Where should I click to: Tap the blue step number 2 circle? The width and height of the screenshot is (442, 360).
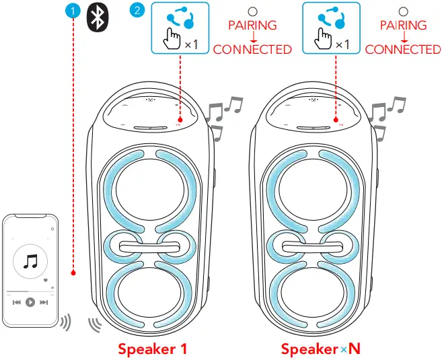click(138, 11)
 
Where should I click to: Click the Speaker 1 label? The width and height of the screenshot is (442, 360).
click(152, 349)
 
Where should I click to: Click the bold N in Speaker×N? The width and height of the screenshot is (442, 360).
click(354, 349)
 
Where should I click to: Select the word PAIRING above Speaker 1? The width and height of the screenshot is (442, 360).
click(252, 26)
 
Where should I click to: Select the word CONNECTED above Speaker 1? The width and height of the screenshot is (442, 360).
click(252, 49)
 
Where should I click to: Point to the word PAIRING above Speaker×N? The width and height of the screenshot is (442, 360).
click(403, 26)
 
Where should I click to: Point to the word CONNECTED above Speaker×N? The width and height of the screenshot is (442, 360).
click(403, 49)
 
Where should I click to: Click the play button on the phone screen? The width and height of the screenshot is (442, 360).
click(30, 303)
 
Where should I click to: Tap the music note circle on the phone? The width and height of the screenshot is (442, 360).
click(30, 260)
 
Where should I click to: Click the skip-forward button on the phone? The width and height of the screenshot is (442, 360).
click(44, 303)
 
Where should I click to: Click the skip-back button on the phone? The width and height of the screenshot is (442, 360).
click(16, 303)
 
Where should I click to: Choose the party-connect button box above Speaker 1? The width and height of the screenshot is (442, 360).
click(179, 28)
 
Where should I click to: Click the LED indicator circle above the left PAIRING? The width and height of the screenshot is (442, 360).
click(252, 11)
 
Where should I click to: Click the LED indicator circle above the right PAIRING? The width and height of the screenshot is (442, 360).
click(403, 11)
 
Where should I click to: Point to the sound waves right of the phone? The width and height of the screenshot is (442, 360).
click(65, 321)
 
